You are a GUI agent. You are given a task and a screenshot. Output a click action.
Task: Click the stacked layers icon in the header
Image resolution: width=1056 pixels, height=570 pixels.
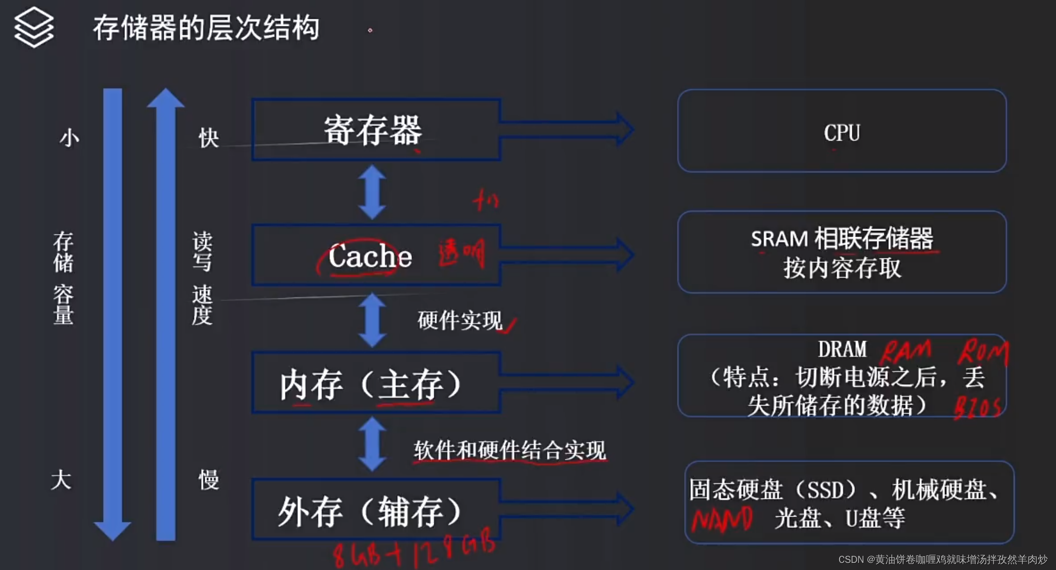(x=34, y=27)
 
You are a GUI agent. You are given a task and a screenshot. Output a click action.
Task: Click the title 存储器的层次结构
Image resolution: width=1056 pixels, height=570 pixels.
(x=206, y=28)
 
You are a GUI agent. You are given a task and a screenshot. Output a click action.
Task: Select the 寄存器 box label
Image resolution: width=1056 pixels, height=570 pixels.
(x=373, y=130)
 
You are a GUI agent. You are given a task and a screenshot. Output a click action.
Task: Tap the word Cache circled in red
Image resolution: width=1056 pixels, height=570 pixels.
(x=369, y=256)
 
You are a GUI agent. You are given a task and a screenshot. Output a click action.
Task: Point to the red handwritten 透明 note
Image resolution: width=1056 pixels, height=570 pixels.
(x=461, y=253)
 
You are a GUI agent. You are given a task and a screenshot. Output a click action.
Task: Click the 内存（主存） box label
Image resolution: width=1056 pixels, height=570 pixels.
(x=370, y=384)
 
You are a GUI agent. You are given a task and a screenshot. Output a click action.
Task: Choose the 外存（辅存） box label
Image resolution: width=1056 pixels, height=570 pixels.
(x=369, y=512)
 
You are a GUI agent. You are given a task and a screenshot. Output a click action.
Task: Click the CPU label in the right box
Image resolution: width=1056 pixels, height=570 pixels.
(x=842, y=133)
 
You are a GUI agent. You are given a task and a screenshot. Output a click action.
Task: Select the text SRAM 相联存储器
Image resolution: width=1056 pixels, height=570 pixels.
(x=842, y=239)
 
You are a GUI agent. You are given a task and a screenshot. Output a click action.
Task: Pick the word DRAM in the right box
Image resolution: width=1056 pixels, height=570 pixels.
(x=842, y=349)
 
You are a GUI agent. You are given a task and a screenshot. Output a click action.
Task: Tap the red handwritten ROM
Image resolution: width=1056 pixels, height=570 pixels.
(x=983, y=351)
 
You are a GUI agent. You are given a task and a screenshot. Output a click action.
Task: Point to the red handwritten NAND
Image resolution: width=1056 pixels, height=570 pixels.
(x=722, y=519)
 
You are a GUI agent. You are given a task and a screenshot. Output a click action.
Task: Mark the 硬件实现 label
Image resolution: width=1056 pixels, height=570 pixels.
(x=460, y=320)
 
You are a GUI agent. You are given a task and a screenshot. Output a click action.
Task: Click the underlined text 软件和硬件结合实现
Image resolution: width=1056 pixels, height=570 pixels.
(x=509, y=450)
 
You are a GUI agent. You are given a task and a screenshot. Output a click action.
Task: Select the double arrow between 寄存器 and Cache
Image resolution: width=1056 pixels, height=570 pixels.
(x=372, y=192)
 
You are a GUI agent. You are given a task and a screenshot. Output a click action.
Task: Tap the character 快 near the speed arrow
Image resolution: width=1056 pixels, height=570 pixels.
(x=208, y=138)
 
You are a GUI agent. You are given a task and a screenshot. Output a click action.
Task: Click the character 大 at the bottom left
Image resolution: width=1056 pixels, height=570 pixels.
(x=61, y=480)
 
